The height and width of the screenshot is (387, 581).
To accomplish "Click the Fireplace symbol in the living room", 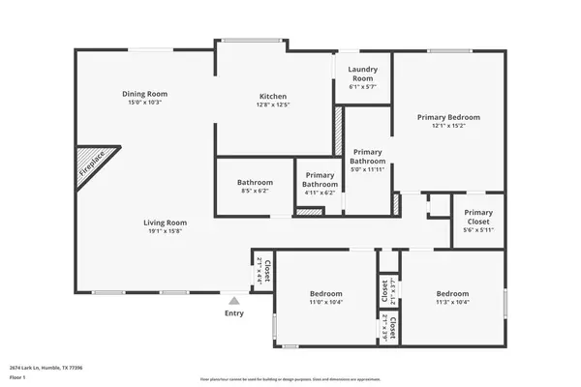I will click(94, 165).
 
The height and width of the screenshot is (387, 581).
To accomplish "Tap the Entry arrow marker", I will click(233, 301).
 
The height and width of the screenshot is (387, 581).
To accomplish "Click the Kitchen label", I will click(274, 96).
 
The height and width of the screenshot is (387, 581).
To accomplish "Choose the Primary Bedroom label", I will click(448, 117).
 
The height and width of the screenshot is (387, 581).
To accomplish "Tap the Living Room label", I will click(166, 223).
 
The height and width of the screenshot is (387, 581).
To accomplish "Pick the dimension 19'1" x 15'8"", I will click(166, 231).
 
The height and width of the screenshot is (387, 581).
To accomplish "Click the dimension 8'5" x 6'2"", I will click(256, 191).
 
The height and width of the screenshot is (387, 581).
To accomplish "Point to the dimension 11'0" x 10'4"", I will click(326, 303).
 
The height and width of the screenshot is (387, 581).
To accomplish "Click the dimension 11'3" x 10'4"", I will click(452, 303).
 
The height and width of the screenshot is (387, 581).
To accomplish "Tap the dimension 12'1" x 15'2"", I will click(448, 126).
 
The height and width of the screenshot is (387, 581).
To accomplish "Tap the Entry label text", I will click(234, 313).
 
